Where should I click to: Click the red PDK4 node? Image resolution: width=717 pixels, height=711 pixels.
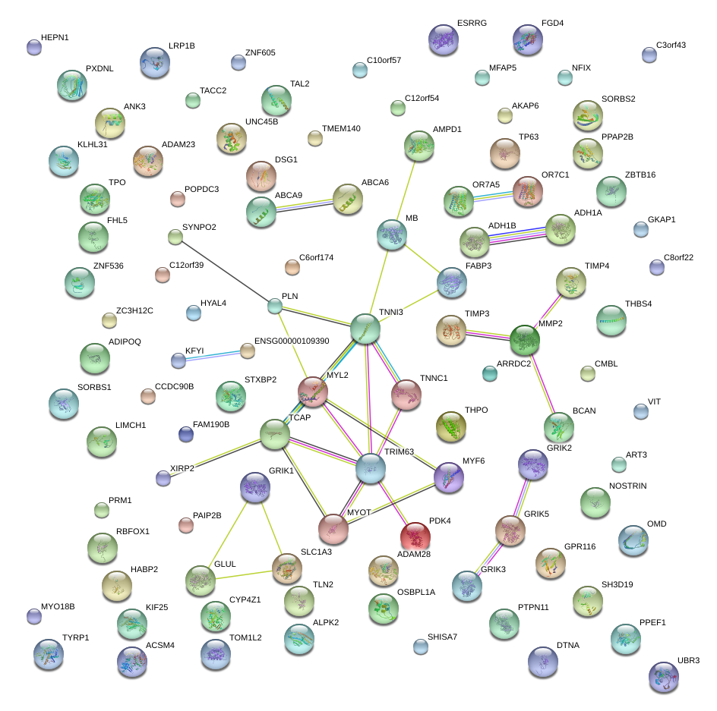pos(415,536)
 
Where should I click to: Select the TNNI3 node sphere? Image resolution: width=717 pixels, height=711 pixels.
pos(365,329)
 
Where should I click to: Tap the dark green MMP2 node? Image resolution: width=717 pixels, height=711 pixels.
pos(525,340)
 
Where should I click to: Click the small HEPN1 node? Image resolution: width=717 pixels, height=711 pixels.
pos(34,47)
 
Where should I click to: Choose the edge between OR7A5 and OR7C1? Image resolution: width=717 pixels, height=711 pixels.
pos(494,195)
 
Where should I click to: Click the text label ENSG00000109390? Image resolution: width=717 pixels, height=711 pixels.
pos(292,341)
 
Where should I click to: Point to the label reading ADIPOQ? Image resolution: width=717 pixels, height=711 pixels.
pos(125,341)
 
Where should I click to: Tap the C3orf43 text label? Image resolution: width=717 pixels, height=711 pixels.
pos(671,45)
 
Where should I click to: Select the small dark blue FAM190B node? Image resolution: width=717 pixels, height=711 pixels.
pos(185,434)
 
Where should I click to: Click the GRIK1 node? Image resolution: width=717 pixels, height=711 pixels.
pos(254,489)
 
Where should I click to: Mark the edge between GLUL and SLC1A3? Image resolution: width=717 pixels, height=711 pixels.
pos(242,574)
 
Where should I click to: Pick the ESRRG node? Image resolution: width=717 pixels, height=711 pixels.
pos(444,40)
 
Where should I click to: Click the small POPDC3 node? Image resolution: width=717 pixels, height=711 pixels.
pos(177,200)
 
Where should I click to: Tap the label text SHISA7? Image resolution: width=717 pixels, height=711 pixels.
pos(442,636)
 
